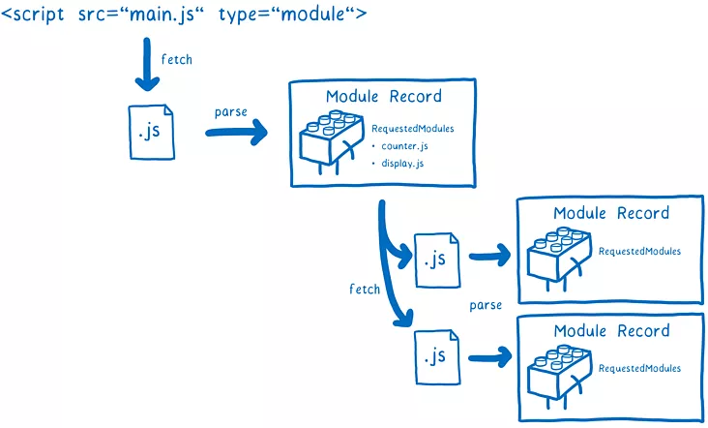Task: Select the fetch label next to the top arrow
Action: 177,59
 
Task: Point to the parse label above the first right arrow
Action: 231,112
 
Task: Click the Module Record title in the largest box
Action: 383,96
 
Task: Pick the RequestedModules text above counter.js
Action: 413,129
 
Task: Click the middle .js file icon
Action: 435,259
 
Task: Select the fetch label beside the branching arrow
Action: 365,289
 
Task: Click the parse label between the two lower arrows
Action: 486,305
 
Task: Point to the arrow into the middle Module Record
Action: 488,258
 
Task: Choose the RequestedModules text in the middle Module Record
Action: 639,252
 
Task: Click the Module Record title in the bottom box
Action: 611,331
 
